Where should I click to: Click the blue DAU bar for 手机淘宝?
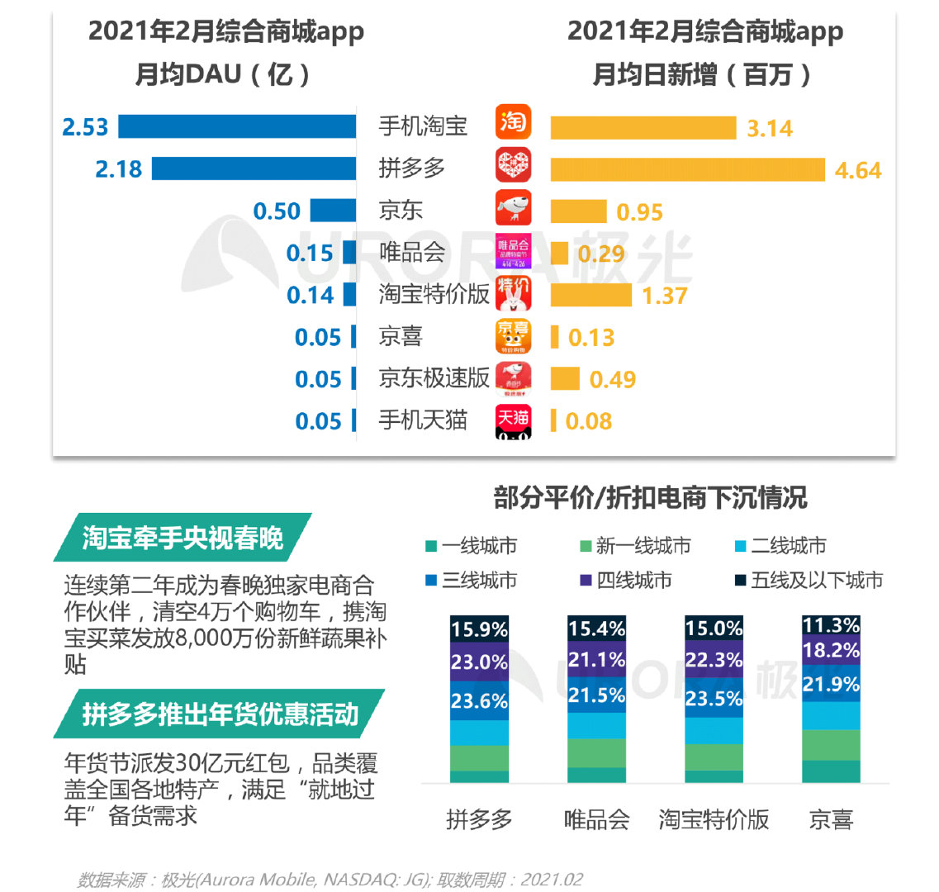click(238, 126)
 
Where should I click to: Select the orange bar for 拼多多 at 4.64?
click(687, 169)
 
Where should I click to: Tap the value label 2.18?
click(118, 169)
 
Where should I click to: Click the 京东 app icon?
click(514, 208)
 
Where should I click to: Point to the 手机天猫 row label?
click(423, 420)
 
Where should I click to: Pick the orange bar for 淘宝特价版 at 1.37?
click(591, 295)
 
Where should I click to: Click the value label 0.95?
click(639, 212)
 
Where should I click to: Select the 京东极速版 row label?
click(434, 378)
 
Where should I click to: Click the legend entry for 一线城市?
click(472, 546)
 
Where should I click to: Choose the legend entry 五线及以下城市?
click(809, 581)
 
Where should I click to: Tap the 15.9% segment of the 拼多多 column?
click(479, 629)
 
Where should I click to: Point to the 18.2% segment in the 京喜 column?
click(831, 651)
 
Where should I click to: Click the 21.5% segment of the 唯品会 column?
click(596, 695)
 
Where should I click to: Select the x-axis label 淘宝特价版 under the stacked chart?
click(714, 819)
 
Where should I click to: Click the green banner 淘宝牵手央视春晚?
click(183, 538)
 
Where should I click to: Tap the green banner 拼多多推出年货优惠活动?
click(220, 714)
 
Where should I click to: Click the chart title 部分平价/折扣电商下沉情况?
click(650, 498)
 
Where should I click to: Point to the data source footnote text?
click(330, 880)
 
